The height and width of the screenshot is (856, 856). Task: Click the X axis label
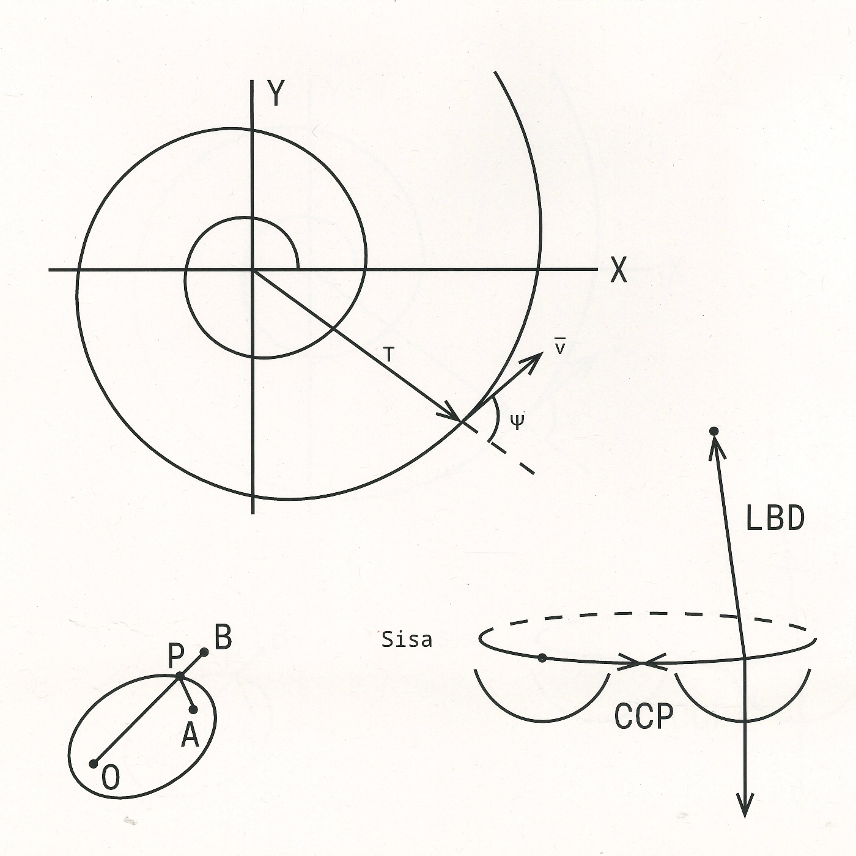(619, 270)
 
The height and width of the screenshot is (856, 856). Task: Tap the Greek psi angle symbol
(517, 421)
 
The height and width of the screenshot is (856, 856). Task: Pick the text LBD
(775, 519)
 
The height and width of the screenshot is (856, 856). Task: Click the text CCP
(643, 717)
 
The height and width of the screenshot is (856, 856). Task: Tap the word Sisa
(407, 640)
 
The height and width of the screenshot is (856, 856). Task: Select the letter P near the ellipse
(175, 657)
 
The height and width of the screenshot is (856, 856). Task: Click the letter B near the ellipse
(223, 638)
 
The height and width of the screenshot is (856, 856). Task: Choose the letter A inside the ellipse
(190, 736)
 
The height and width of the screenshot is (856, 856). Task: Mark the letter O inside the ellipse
(111, 779)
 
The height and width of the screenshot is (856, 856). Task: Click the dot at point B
(204, 652)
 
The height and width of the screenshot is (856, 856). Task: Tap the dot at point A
(193, 709)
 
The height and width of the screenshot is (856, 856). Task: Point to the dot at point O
(94, 764)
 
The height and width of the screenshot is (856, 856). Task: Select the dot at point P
(180, 676)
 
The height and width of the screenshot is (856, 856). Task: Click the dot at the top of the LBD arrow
(713, 432)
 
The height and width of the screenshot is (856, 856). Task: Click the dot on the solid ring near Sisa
(542, 658)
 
